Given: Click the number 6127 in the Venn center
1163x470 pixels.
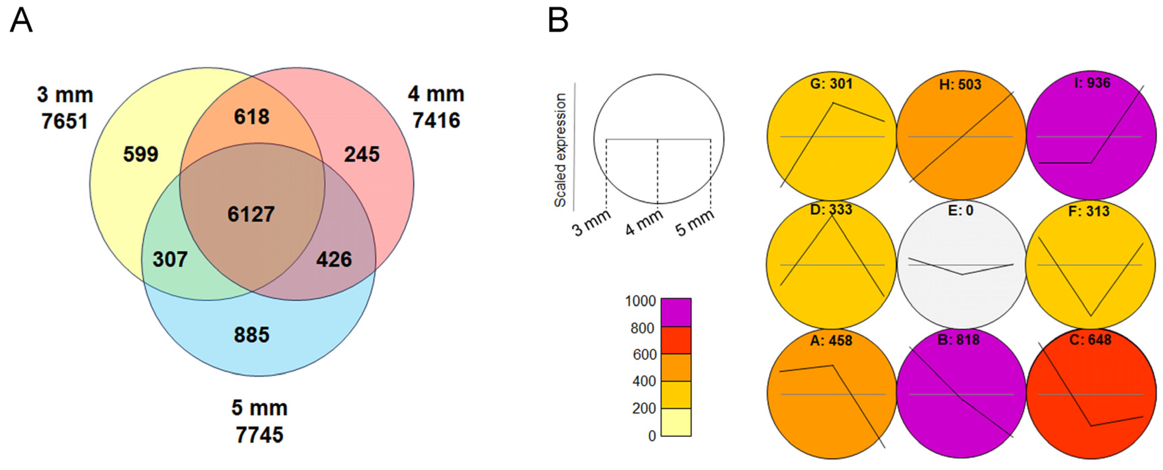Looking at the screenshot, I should coord(251,214).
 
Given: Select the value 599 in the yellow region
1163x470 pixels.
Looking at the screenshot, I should coord(140,154).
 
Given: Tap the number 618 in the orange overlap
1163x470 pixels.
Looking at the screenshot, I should coord(252,117).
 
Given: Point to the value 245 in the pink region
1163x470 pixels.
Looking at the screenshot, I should coord(362,154).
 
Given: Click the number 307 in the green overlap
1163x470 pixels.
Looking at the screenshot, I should coord(170,259).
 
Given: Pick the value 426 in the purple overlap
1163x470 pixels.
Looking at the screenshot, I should coord(334,259).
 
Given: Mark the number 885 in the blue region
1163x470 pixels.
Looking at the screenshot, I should coord(252,335).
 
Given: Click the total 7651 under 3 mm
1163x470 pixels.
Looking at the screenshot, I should coord(64,121).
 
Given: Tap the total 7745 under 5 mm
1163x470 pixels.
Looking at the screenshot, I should coord(260,435).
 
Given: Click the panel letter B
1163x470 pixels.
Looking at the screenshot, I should coord(558,21).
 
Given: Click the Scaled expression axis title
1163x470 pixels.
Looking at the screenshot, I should coord(560,150).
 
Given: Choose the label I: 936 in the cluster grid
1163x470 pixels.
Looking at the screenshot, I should coord(1092,83).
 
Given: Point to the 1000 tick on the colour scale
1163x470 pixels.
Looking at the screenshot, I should coord(640,301).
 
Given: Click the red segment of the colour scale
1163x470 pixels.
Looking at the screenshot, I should coord(676,340).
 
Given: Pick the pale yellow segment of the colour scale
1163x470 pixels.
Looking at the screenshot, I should coord(676,422).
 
